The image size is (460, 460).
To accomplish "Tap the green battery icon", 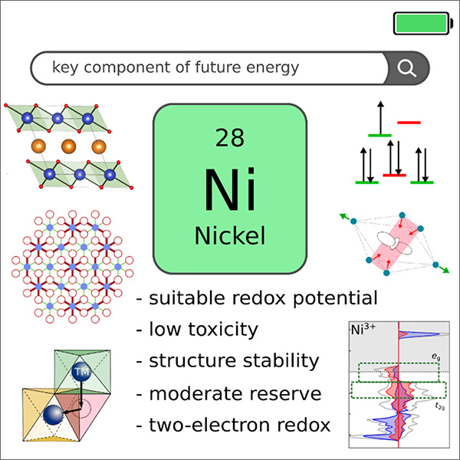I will tap(421, 23).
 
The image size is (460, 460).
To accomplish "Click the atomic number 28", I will tap(230, 138).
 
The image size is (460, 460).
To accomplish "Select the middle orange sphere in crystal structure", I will tap(67, 146).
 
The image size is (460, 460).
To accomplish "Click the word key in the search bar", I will tap(64, 69).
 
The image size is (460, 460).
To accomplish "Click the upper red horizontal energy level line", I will tap(409, 121).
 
